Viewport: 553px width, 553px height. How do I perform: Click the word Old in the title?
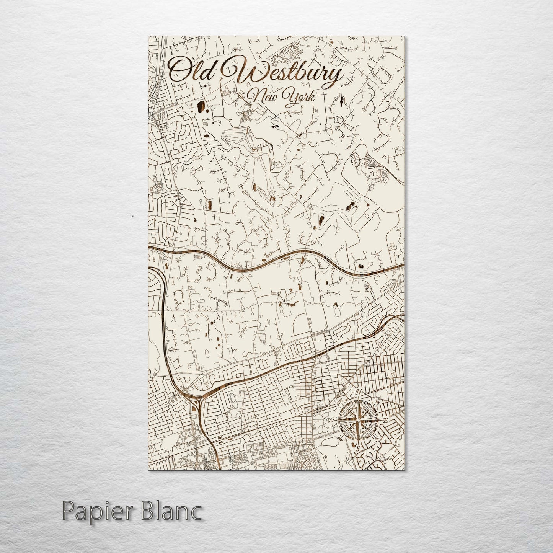pos(191,71)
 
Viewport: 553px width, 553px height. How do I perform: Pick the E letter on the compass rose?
pos(386,421)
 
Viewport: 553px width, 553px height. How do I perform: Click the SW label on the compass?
pos(339,438)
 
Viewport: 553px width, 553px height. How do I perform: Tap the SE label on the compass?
pos(377,439)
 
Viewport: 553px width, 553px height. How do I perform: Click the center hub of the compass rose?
pos(358,421)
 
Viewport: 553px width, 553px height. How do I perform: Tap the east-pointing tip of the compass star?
pos(379,421)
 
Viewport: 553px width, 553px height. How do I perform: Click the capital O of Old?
pos(180,71)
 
